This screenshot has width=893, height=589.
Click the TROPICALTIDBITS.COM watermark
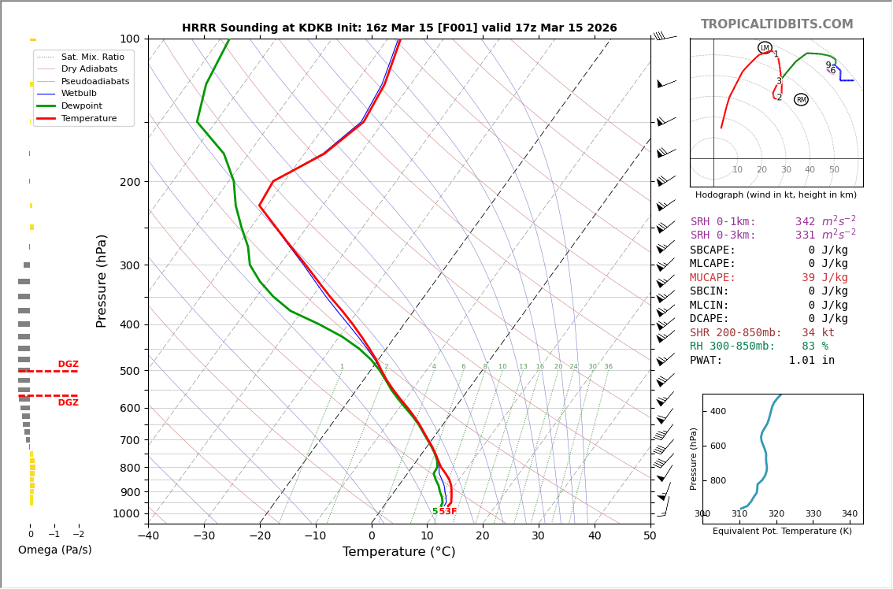pyautogui.click(x=776, y=24)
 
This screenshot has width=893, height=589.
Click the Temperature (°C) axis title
pyautogui.click(x=398, y=552)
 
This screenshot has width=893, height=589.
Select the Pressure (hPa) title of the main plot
pyautogui.click(x=102, y=280)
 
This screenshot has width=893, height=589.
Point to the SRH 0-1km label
pyautogui.click(x=723, y=222)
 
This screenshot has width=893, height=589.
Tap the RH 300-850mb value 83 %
pyautogui.click(x=814, y=346)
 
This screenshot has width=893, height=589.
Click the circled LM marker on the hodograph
pyautogui.click(x=765, y=48)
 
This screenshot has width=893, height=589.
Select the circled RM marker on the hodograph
pyautogui.click(x=801, y=100)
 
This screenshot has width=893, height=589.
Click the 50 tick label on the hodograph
pyautogui.click(x=834, y=170)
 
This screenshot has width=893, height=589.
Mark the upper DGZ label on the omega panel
pyautogui.click(x=68, y=365)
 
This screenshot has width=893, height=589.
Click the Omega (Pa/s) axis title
pyautogui.click(x=55, y=550)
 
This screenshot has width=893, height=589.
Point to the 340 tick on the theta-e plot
pyautogui.click(x=850, y=514)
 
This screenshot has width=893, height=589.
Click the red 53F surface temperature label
pyautogui.click(x=448, y=512)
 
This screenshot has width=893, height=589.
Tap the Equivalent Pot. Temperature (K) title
pyautogui.click(x=782, y=532)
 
